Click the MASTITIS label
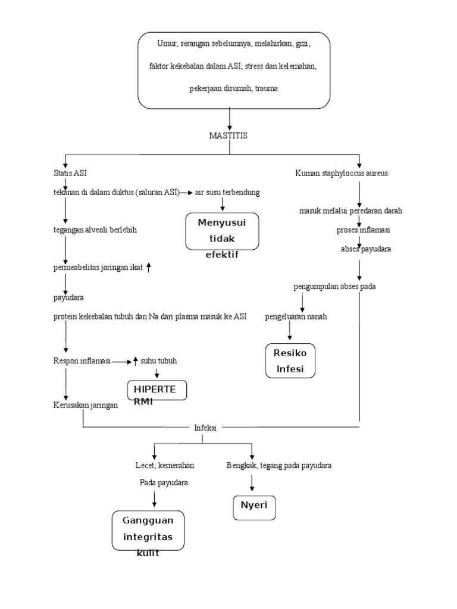[x=228, y=136]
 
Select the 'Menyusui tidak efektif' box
[x=222, y=232]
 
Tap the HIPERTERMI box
[x=157, y=391]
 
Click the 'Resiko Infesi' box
[x=290, y=360]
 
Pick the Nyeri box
[x=253, y=506]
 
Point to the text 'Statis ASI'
[x=70, y=173]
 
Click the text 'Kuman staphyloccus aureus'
[x=342, y=173]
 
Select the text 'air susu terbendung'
[x=227, y=193]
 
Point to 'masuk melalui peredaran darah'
[x=350, y=211]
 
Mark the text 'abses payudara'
[x=366, y=249]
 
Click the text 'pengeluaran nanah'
[x=296, y=316]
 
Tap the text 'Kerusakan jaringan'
[x=85, y=405]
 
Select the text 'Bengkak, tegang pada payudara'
[x=279, y=465]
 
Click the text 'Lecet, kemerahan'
[x=165, y=465]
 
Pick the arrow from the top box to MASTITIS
[x=230, y=118]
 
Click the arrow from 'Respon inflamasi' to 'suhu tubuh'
[x=121, y=361]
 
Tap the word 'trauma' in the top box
[x=265, y=88]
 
